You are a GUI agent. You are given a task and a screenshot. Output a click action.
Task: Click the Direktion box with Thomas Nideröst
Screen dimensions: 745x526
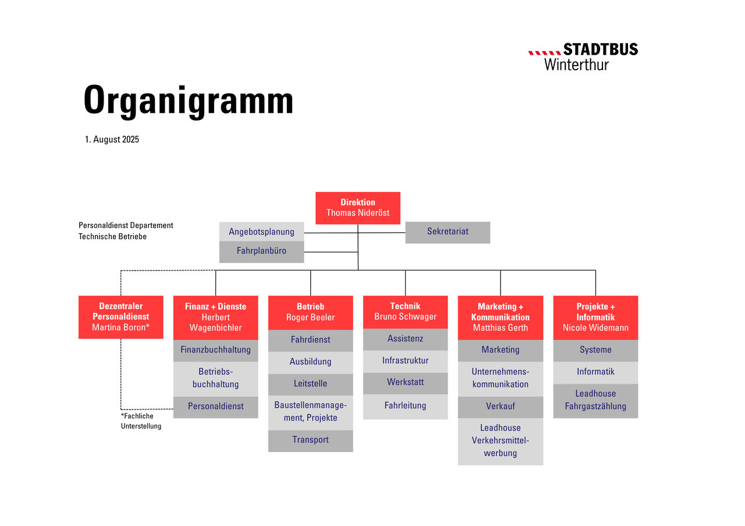coord(357,208)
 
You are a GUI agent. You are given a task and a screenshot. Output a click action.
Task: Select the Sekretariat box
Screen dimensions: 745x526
coord(448,232)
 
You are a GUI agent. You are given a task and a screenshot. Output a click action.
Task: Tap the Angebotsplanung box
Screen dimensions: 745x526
coord(261,232)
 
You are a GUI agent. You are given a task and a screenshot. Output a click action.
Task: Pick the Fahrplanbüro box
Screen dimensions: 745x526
coord(261,252)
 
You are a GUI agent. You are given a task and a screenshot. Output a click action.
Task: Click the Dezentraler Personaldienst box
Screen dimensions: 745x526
coord(120,317)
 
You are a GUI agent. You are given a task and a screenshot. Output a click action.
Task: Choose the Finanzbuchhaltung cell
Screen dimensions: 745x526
coord(215,350)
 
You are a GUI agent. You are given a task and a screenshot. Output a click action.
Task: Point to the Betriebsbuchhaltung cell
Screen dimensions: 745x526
coord(215,379)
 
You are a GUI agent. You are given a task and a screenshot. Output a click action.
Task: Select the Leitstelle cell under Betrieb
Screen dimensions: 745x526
coord(310,385)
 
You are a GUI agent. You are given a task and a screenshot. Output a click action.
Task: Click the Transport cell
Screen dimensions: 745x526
coord(310,441)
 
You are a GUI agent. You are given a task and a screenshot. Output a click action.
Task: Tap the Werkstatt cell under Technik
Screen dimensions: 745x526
coord(405,383)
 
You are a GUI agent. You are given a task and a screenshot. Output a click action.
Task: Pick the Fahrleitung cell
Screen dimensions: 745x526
coord(405,407)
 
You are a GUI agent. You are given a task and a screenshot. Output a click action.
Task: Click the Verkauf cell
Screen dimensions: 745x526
coord(500,407)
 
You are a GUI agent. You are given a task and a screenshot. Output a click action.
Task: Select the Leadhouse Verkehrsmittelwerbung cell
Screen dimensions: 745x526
coord(500,442)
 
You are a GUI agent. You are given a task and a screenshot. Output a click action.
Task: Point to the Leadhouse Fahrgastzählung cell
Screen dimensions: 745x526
coord(595,401)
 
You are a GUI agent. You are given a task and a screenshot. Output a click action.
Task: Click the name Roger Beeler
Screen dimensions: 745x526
coord(310,317)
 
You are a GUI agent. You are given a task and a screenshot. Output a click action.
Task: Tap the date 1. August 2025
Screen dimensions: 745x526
coord(112,139)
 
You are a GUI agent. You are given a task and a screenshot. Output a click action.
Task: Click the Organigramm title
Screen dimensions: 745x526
coord(188,101)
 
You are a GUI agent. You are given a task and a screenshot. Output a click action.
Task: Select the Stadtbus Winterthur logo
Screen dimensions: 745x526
coord(583,56)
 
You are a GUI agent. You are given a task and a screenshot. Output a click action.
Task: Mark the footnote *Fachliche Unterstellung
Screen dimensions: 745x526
coord(141,421)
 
